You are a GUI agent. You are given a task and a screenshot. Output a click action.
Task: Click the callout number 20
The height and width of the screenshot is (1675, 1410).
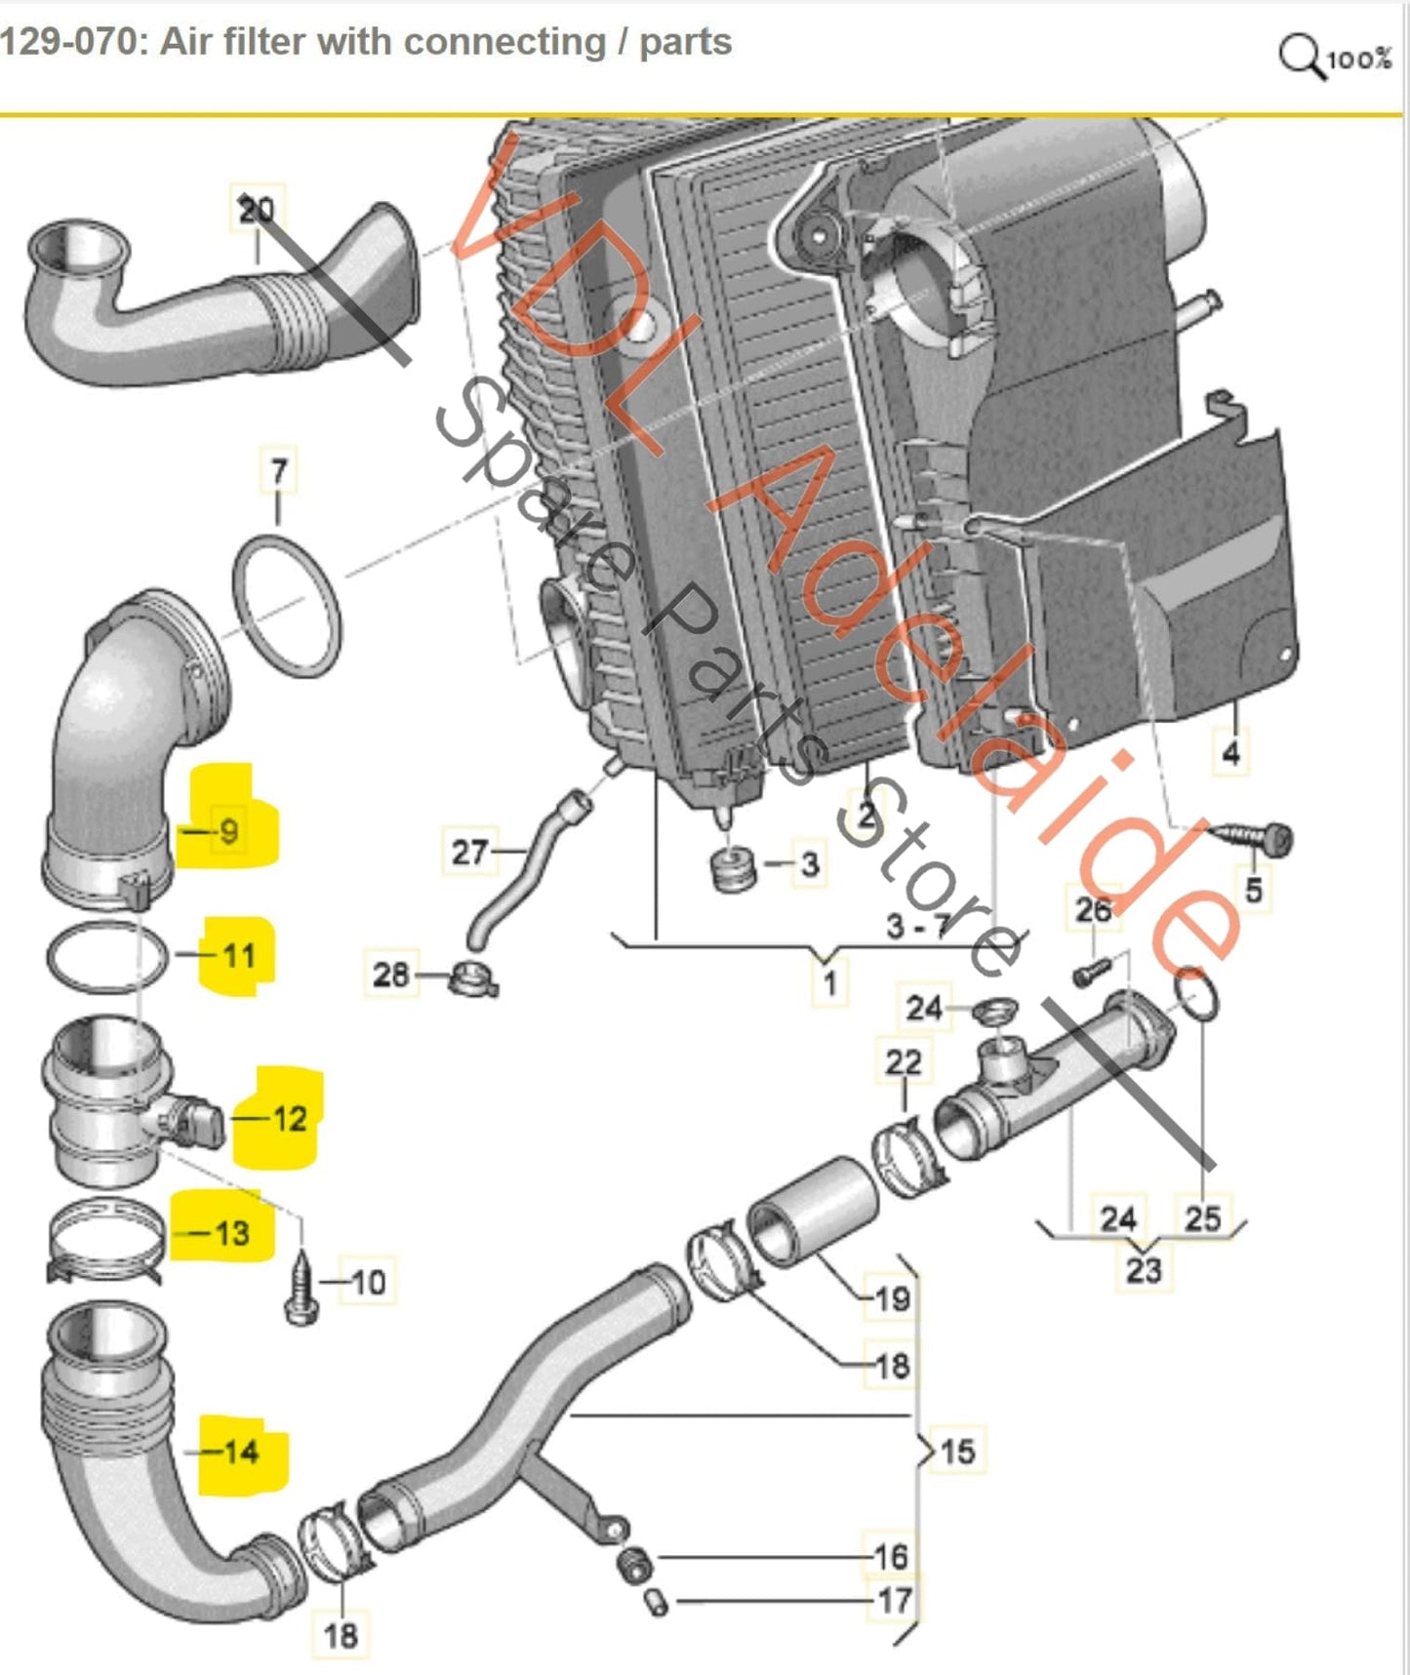click(257, 210)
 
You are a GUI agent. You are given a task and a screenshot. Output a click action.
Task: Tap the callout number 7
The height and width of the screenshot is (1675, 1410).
click(279, 472)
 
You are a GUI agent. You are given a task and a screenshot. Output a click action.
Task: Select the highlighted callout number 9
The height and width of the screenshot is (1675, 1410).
click(229, 831)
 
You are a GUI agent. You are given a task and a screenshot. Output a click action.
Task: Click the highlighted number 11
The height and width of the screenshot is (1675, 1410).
click(239, 955)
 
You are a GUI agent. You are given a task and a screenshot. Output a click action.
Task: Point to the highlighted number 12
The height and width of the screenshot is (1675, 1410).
click(290, 1118)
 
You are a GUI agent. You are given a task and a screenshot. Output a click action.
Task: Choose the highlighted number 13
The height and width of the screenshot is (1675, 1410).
click(232, 1233)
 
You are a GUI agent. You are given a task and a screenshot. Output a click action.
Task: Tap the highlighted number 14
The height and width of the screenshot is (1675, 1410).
click(241, 1453)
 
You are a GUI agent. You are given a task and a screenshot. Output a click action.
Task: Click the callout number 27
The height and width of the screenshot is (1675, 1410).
click(469, 853)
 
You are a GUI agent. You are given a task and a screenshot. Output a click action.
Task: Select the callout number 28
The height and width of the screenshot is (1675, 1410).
click(391, 974)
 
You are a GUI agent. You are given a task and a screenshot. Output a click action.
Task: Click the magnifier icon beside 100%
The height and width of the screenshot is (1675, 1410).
click(1301, 57)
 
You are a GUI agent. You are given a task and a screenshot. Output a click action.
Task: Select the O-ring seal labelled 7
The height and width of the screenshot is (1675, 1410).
click(288, 606)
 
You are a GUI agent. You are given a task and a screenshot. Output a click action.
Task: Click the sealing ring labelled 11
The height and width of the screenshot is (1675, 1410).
click(107, 957)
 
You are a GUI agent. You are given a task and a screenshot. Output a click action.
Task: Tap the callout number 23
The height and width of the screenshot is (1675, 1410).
click(1144, 1270)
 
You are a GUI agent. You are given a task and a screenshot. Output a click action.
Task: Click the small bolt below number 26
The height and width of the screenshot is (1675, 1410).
click(1093, 971)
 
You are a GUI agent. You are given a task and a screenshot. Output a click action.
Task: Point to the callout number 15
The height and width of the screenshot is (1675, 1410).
click(957, 1451)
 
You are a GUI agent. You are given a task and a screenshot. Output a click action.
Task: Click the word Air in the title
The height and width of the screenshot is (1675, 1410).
click(185, 43)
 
